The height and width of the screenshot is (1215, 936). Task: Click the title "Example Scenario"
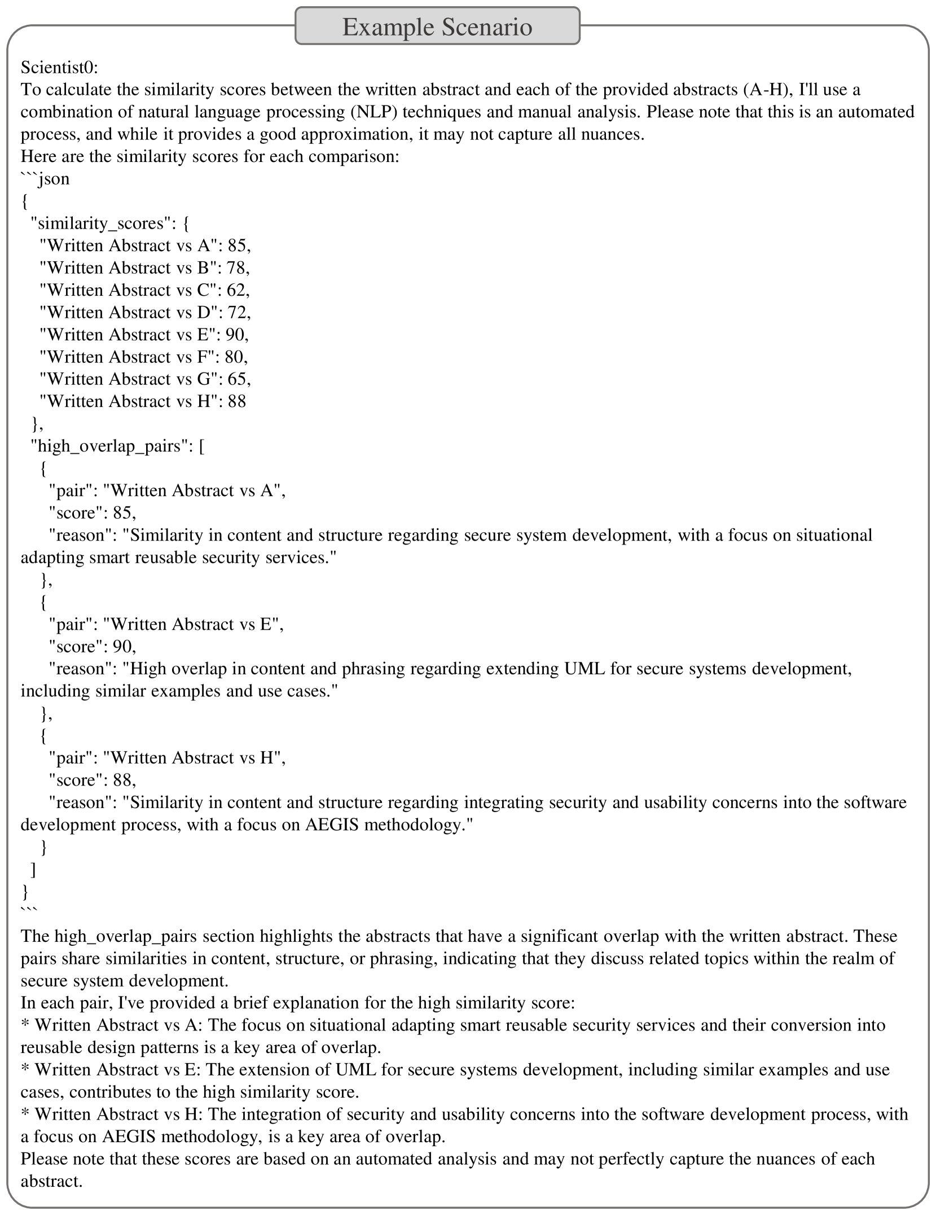pos(437,27)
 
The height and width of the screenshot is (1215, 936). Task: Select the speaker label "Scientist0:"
pos(59,68)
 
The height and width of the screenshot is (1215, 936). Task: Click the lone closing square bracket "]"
pos(34,870)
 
